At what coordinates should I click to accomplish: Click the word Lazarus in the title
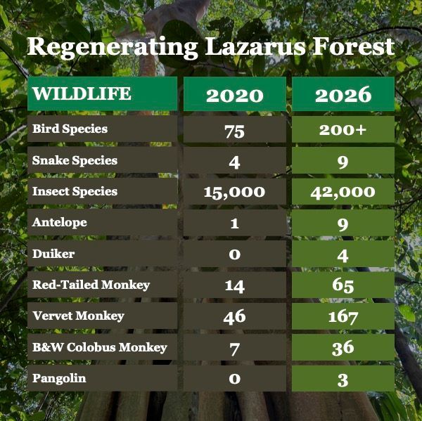click(255, 46)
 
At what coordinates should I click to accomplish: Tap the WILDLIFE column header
click(82, 93)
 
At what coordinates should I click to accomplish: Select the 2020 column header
click(235, 95)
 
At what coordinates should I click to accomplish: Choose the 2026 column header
click(343, 95)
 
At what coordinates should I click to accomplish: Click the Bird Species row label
click(70, 129)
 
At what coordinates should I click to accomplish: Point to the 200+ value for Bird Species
click(343, 130)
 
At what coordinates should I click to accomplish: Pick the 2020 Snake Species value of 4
click(234, 162)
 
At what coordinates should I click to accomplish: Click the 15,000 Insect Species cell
click(234, 193)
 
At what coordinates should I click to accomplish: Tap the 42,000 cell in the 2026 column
click(343, 193)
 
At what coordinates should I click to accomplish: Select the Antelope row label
click(60, 223)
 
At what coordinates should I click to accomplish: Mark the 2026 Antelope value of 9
click(343, 224)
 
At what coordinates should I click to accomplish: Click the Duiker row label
click(53, 254)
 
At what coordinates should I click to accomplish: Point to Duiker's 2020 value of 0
click(235, 254)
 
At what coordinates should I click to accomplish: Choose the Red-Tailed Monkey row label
click(91, 285)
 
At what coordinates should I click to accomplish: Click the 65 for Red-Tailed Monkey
click(343, 285)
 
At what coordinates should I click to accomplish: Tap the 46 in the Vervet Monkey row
click(234, 316)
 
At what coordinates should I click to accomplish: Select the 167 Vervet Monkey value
click(343, 317)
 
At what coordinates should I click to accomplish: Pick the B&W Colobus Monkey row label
click(100, 347)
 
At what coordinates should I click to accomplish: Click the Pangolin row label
click(59, 379)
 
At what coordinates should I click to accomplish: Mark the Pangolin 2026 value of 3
click(343, 380)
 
